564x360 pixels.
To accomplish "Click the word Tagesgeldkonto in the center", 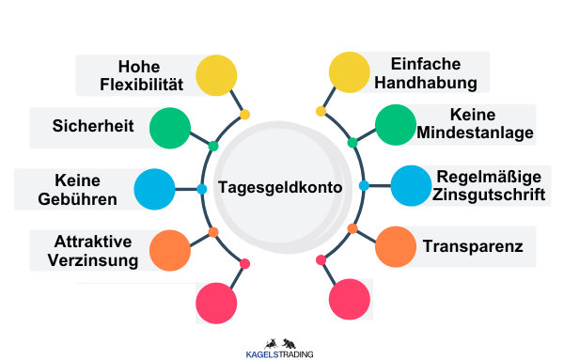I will point(280,187).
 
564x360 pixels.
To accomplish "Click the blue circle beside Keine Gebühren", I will point(155,188).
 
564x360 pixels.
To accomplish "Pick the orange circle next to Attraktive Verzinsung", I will point(170,249).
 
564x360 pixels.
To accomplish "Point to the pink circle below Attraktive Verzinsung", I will point(215,301).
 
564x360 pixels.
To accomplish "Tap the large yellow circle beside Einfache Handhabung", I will point(349,72).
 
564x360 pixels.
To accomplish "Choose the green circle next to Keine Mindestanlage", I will point(395,125).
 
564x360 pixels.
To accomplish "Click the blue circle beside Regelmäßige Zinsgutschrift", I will point(410,186).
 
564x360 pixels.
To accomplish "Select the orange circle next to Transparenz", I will point(395,246).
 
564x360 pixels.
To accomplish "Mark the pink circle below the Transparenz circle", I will point(350,299).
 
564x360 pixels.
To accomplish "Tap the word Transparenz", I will point(474,246).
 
